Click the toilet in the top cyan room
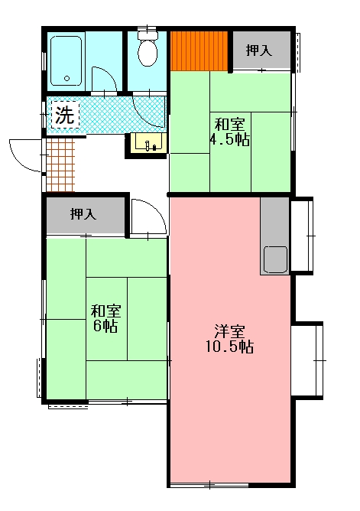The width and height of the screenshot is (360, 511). [146, 51]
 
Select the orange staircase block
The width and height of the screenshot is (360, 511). [199, 50]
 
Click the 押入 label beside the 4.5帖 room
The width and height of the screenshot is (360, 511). [259, 50]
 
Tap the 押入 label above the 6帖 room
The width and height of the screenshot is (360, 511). [83, 214]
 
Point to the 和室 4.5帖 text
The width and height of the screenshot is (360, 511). [229, 132]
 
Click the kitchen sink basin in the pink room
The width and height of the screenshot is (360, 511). [274, 259]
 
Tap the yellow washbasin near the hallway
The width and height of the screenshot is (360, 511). [148, 142]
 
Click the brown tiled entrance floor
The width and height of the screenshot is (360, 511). [60, 164]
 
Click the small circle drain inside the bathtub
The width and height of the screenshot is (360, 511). [66, 78]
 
